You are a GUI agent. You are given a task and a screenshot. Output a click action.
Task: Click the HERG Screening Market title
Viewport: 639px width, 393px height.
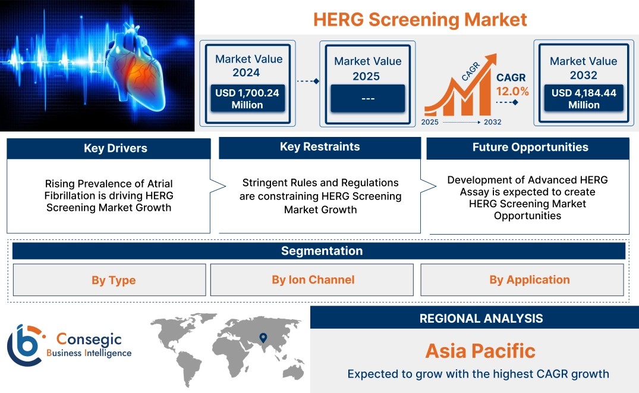coord(420,20)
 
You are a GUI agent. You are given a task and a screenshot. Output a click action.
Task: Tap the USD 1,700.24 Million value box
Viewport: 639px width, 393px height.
coord(247,98)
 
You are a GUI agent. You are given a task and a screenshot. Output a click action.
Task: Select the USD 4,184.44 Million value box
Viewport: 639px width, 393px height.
coord(584,98)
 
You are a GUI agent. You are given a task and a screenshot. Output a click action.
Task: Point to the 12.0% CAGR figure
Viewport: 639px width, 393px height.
coord(512,91)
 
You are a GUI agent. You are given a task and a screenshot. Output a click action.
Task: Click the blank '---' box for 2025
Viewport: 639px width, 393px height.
coord(367,98)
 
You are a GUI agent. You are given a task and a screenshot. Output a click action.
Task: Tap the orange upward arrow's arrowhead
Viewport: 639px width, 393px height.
coord(490,60)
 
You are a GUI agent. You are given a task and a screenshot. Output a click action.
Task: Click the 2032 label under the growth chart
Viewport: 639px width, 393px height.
coord(492,122)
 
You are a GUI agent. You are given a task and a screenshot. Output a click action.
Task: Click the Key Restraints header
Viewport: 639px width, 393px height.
coord(320,147)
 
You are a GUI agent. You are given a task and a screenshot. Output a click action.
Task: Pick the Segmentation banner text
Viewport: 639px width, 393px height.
coord(322,251)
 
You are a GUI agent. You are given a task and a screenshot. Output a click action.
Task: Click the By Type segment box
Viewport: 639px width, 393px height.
coord(109,280)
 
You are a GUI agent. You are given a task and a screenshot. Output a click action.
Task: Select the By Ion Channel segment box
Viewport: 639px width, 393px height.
coord(311,280)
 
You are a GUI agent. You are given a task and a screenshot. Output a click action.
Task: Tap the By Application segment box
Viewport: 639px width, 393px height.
coord(522,280)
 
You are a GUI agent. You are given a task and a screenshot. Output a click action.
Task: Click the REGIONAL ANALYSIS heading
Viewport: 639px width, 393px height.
coord(481,319)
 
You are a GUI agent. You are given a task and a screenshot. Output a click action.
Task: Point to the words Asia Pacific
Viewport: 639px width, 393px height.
coord(480,351)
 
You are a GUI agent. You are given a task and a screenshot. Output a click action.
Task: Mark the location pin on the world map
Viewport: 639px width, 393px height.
coord(263,338)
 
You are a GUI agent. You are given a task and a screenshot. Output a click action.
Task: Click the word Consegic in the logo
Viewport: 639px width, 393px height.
coord(89,339)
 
